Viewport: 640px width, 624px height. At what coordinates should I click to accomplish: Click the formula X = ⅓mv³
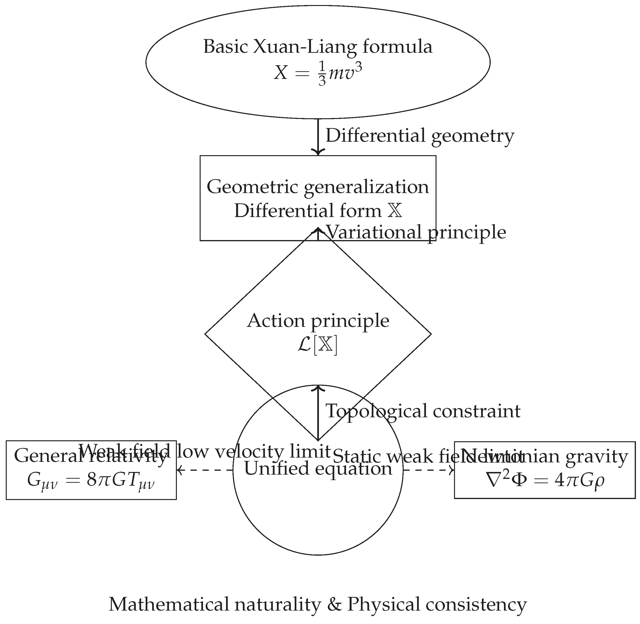click(318, 72)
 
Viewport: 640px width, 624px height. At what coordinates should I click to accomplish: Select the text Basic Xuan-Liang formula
click(318, 47)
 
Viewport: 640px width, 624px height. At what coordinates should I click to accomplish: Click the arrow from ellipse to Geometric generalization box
click(318, 136)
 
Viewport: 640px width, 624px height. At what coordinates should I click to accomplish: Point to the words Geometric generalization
click(318, 187)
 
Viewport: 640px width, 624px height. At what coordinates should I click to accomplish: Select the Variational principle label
click(416, 232)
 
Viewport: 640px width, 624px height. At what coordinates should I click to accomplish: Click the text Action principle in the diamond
click(318, 321)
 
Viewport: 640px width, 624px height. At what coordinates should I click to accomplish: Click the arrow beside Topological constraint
click(318, 413)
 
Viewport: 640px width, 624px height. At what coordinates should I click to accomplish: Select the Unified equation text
click(318, 468)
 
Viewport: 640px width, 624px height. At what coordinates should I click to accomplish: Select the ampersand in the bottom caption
click(334, 604)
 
